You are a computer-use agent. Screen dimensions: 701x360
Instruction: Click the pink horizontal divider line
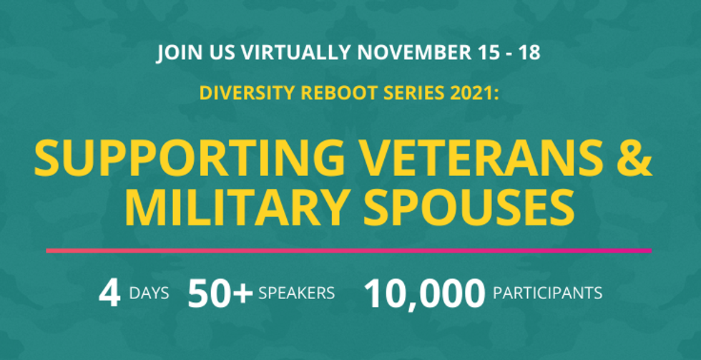(349, 251)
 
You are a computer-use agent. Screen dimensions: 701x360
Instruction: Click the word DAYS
(149, 293)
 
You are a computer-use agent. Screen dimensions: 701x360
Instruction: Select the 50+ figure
(220, 293)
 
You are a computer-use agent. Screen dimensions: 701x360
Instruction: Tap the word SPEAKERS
(296, 293)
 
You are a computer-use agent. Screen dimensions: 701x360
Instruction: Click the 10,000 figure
(425, 294)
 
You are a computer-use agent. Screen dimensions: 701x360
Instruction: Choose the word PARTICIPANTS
(548, 293)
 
